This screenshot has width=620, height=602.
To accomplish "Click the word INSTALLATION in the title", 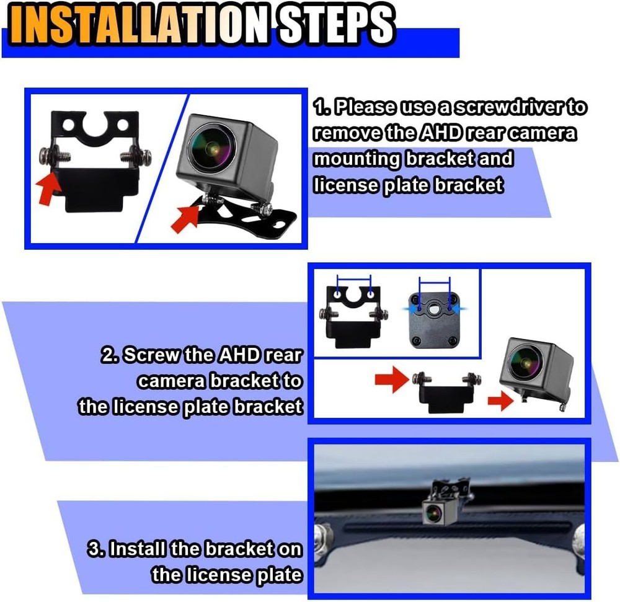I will coord(138,26).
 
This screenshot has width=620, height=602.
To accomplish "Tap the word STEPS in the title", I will coord(335,26).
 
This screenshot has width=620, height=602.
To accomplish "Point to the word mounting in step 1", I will coord(356,159).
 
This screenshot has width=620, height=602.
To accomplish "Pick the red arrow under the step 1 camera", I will coord(185,218).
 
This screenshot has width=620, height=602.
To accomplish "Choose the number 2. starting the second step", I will coord(109,356).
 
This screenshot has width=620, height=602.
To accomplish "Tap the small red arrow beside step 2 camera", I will coord(500,402).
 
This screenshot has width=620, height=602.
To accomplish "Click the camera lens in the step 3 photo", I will coord(432,511).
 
